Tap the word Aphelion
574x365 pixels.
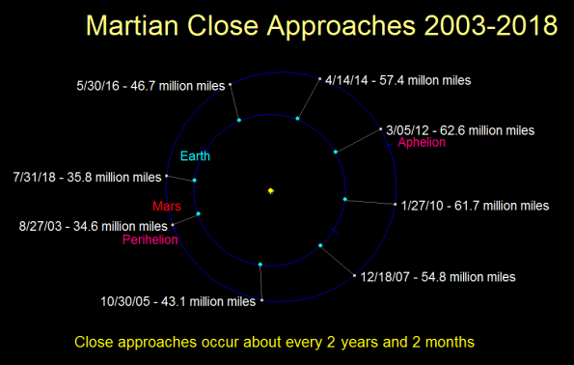[422, 142]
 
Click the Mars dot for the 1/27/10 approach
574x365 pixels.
[396, 204]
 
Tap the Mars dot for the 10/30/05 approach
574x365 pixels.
[261, 301]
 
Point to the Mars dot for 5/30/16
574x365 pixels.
[231, 86]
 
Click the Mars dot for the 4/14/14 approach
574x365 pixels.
[319, 79]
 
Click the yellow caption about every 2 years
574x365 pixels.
[274, 342]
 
